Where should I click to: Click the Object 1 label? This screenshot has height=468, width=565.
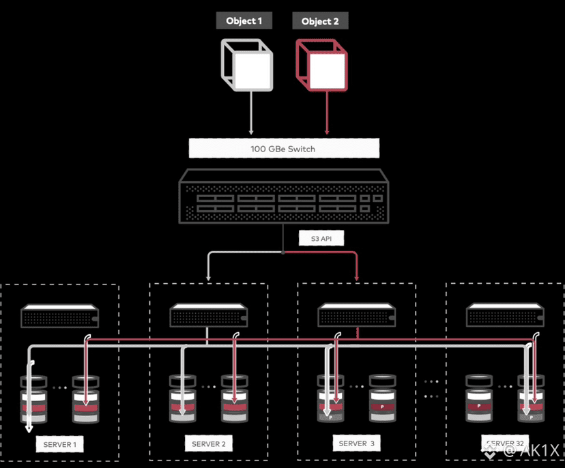tap(244, 20)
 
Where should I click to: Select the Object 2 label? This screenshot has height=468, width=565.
tap(320, 21)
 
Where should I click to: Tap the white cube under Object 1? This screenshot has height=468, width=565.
tap(246, 65)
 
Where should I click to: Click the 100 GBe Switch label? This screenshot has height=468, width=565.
tap(283, 148)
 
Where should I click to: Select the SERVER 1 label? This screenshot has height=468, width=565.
tap(60, 445)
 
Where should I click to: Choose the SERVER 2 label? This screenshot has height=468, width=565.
tap(209, 444)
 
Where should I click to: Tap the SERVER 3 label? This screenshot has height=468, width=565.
tap(357, 443)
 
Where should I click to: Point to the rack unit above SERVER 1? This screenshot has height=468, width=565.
tap(61, 317)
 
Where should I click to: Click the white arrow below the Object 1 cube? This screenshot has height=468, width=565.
tap(252, 113)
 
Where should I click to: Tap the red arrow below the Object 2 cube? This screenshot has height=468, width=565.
tap(328, 113)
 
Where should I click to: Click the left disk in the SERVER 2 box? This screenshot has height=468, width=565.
tap(183, 398)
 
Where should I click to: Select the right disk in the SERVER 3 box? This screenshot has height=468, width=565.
tap(383, 398)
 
